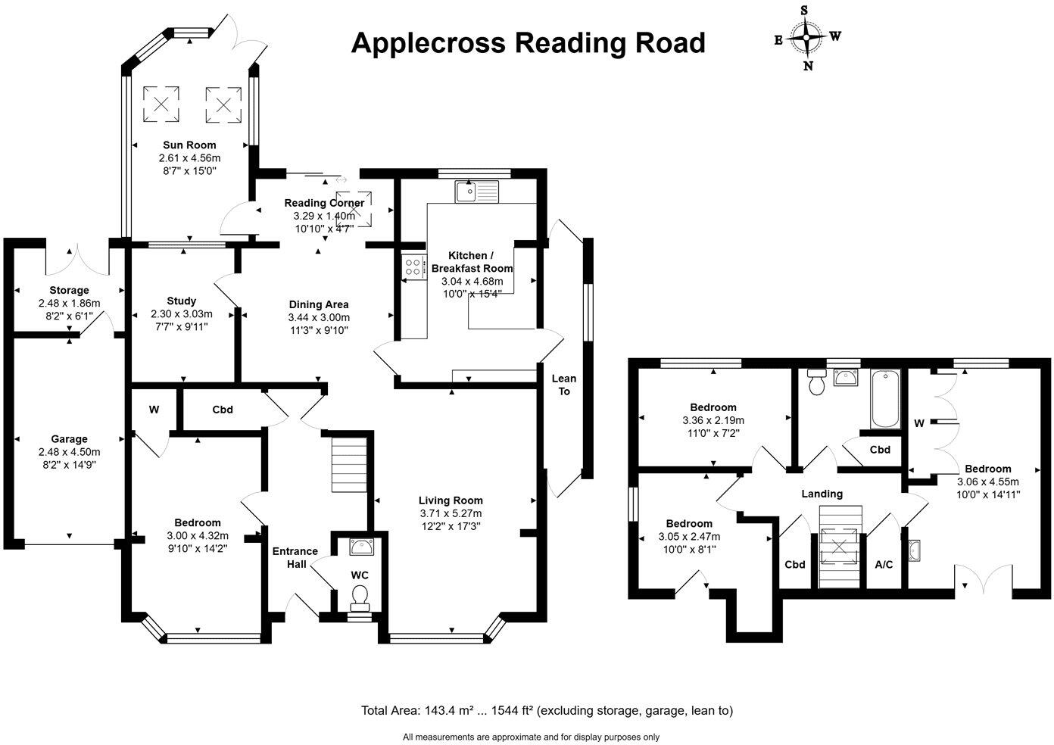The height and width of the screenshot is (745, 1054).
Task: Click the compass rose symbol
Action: pos(807,36)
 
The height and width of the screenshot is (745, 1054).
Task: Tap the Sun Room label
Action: pos(189,145)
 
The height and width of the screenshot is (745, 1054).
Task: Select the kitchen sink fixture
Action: pos(475,192)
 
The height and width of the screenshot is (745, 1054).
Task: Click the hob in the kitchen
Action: pos(414,266)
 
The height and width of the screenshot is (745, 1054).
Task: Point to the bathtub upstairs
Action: pos(884,399)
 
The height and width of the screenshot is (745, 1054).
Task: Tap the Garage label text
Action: pos(69,438)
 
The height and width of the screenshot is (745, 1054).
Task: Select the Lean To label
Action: pos(564,385)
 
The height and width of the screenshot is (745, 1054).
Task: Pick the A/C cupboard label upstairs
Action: pos(884,565)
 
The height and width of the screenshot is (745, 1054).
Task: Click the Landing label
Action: pos(822,494)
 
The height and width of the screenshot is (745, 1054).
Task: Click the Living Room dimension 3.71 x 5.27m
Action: pos(451,513)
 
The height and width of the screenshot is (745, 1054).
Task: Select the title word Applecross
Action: pos(428,43)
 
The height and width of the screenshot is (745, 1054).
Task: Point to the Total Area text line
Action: pos(547,710)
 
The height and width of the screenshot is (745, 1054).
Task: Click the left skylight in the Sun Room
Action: pos(161,102)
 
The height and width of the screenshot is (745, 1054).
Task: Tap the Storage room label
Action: pos(69,290)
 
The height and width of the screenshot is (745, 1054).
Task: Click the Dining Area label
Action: pos(318,304)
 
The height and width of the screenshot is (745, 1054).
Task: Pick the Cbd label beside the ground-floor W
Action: pos(222,410)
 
